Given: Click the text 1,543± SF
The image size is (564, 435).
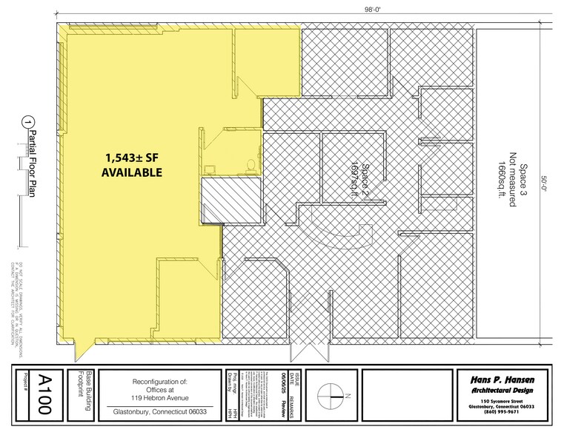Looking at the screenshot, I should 131,158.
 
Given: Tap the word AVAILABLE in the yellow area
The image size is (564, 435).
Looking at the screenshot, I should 131,173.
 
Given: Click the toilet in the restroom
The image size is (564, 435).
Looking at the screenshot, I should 251,163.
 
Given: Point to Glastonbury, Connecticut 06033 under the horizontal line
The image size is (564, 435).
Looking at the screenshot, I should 161,414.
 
